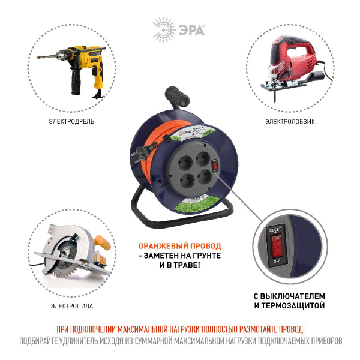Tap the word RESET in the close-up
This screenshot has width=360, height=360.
[275, 229]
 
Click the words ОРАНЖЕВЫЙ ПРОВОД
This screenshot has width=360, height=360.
[179, 246]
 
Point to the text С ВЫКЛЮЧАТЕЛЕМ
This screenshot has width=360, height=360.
[289, 296]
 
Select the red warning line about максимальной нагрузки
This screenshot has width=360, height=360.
[180, 329]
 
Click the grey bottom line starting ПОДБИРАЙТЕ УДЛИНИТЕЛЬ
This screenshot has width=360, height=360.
[180, 341]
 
